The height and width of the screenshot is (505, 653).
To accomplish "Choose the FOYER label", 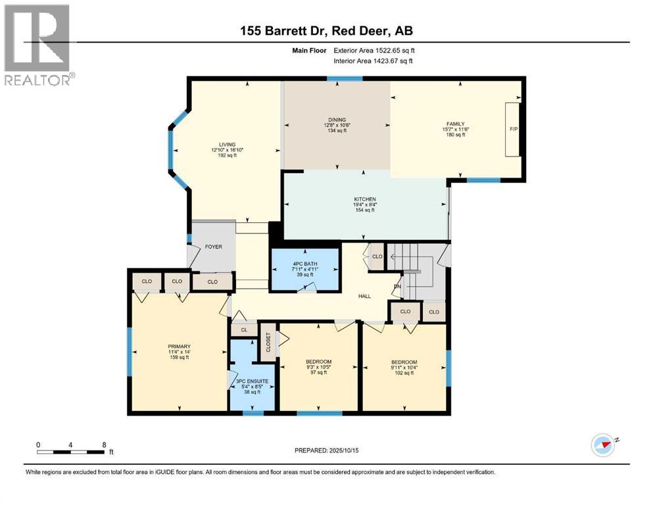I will coord(212,247).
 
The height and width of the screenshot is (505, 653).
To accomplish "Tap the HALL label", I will coord(364,296).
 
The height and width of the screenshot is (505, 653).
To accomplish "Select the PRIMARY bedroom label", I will coord(179,346).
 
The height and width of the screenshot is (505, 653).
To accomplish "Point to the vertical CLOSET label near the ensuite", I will coord(268,342).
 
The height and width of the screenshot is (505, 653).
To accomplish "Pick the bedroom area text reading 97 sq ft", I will coord(318,373).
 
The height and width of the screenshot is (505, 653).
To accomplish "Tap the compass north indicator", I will coord(603,445).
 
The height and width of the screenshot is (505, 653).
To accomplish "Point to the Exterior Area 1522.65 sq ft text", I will coord(374,49).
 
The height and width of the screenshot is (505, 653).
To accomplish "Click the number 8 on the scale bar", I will coord(104,444).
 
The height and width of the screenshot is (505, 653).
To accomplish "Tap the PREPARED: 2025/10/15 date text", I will coord(326,450).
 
